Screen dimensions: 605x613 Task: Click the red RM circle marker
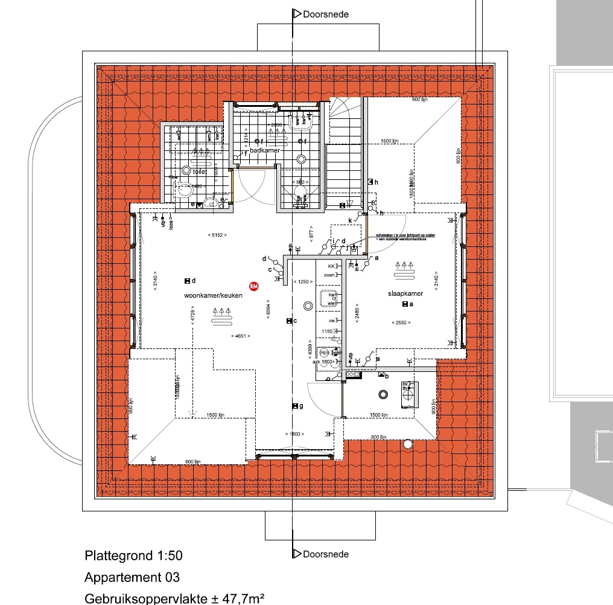pos(254,287)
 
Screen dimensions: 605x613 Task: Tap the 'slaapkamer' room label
pos(405,294)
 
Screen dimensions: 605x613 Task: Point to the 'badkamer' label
pos(265,150)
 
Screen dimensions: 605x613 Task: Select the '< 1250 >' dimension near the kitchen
pos(302,282)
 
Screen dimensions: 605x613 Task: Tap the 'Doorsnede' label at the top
pos(326,14)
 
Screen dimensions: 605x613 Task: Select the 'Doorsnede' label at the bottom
pos(326,554)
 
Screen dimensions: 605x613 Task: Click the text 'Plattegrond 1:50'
pos(133,555)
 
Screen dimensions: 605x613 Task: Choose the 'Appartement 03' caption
pos(132,578)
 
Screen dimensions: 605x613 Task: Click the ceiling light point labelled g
pos(294,406)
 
